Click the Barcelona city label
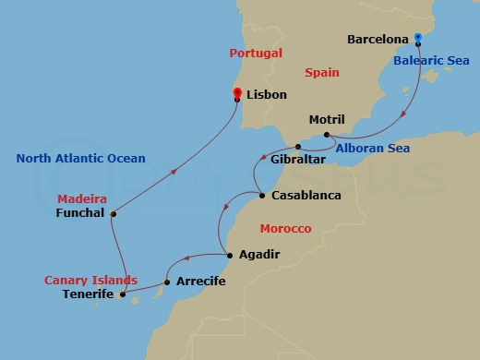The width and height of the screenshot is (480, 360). click(x=378, y=41)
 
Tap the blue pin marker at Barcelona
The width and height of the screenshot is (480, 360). click(x=418, y=39)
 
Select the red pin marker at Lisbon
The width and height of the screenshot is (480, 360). click(x=237, y=93)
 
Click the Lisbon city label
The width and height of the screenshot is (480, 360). click(x=267, y=95)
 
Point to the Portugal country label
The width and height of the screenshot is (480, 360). click(x=256, y=54)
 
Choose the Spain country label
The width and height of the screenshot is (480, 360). click(x=321, y=72)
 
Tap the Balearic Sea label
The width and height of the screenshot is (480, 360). click(x=432, y=61)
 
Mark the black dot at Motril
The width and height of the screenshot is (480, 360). click(x=327, y=136)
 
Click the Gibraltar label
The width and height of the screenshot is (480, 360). click(x=297, y=161)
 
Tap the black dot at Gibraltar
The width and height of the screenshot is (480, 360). click(x=297, y=147)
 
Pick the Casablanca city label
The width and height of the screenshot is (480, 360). click(x=306, y=196)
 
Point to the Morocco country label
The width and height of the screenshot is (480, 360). click(x=285, y=228)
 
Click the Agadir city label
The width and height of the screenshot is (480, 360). click(x=258, y=255)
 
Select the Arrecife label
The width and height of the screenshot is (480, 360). click(x=202, y=282)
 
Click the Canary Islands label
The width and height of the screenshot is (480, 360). click(x=90, y=280)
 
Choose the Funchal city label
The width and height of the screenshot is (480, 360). click(x=80, y=214)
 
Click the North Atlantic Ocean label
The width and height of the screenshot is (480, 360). click(x=80, y=159)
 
